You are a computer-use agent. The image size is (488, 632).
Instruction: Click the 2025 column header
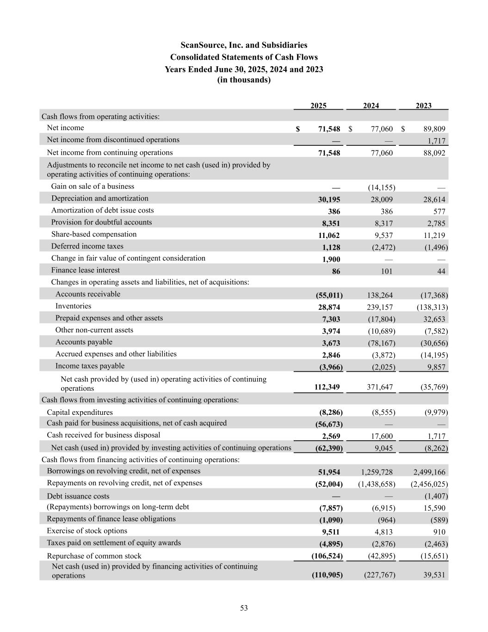(x=318, y=106)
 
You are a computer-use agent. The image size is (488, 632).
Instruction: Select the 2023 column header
(x=423, y=106)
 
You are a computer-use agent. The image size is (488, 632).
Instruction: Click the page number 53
(x=244, y=608)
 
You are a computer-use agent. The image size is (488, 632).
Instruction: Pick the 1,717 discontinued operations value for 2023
(x=436, y=141)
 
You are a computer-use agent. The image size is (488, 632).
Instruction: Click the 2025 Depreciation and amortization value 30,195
(x=327, y=200)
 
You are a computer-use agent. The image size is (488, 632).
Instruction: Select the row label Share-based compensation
(x=94, y=234)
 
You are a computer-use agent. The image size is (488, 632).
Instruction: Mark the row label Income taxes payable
(x=90, y=366)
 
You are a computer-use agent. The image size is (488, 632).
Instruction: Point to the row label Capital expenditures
(x=80, y=412)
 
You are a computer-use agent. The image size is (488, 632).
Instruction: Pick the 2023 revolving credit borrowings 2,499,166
(x=429, y=472)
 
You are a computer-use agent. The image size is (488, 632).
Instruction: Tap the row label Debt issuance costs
(x=78, y=496)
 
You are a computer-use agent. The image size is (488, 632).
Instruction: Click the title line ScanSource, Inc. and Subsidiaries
(x=244, y=45)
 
